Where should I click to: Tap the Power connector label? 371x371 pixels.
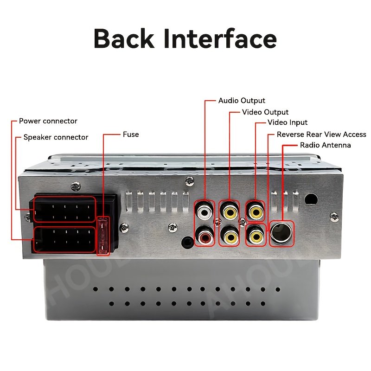pos(48,121)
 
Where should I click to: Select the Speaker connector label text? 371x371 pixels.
pos(56,137)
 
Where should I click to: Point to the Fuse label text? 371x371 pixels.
pos(131,134)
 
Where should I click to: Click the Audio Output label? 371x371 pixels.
pos(242,101)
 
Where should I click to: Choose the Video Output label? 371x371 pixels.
pos(265,112)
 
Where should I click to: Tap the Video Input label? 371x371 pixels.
pos(288,123)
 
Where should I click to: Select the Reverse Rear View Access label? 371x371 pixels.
pos(321,134)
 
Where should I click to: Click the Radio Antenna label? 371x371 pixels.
pos(326,145)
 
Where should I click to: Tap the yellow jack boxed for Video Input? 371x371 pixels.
pos(255,212)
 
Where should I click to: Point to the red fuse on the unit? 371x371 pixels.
pos(103,236)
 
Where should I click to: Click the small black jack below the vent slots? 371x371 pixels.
pos(187,241)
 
